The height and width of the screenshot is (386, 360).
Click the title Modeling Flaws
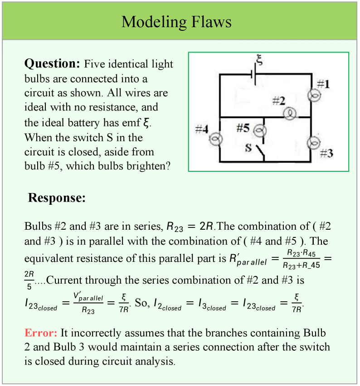click(176, 22)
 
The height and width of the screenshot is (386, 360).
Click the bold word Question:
click(52, 63)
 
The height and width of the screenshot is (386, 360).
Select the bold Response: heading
click(57, 198)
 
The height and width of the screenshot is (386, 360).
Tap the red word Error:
click(41, 333)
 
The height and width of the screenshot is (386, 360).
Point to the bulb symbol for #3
click(313, 143)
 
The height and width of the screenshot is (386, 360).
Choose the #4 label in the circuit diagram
click(202, 129)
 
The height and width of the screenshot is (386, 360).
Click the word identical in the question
click(130, 64)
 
